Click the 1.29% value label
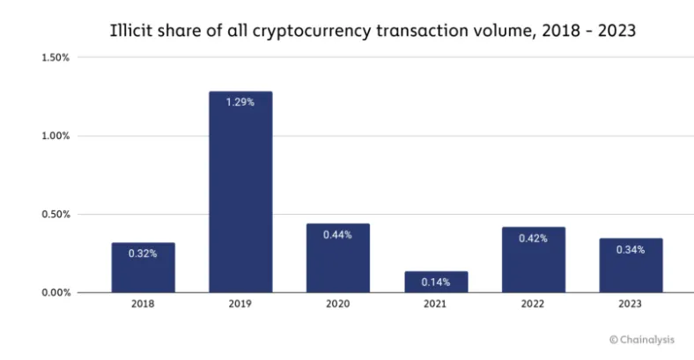point(240,102)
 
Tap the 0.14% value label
point(436,282)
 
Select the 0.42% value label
point(534,238)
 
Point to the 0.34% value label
point(631,249)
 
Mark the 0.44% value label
point(338,234)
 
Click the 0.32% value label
point(143,253)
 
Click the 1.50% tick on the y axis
point(55,58)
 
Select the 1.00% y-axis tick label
point(55,136)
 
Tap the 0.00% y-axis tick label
point(55,292)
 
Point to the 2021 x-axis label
point(436,305)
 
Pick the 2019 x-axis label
point(240,305)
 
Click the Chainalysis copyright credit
point(641,338)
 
